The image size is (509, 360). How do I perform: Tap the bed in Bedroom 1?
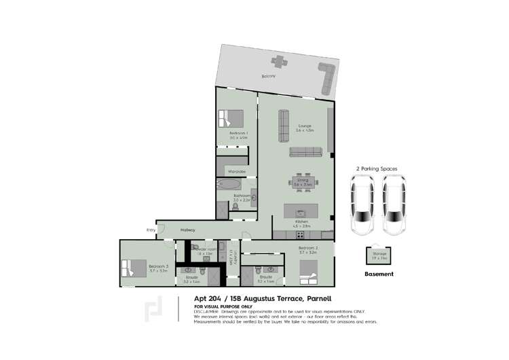click(x=229, y=118)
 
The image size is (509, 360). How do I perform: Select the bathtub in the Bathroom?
click(x=227, y=185)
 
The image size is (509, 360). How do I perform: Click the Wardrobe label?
click(x=236, y=170)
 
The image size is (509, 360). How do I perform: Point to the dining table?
click(x=303, y=182)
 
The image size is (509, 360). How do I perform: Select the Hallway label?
click(x=188, y=231)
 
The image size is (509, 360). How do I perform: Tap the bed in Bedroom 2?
click(x=308, y=278)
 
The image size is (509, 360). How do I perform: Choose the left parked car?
click(x=362, y=203)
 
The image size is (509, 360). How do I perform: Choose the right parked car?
click(x=393, y=203)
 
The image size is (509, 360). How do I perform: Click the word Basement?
click(x=379, y=274)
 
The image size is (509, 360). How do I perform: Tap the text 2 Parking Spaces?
click(x=377, y=168)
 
